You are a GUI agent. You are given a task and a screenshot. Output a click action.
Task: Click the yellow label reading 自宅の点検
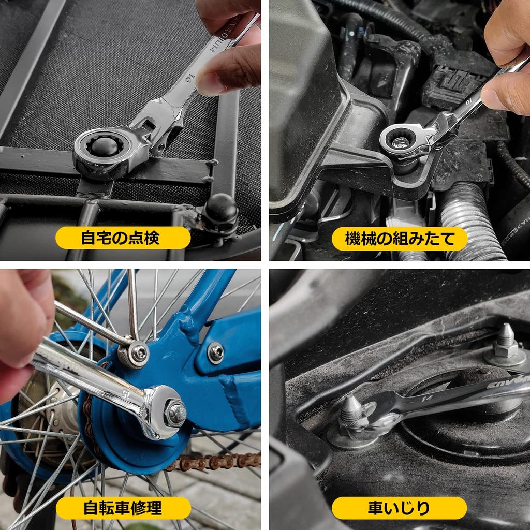pyautogui.click(x=123, y=238)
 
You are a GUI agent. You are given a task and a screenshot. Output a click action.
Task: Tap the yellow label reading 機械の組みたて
pyautogui.click(x=400, y=239)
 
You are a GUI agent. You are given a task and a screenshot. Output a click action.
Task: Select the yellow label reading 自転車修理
pyautogui.click(x=123, y=508)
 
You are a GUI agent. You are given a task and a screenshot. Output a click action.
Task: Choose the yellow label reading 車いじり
pyautogui.click(x=399, y=508)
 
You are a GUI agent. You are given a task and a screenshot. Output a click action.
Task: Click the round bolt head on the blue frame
pyautogui.click(x=215, y=353)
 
